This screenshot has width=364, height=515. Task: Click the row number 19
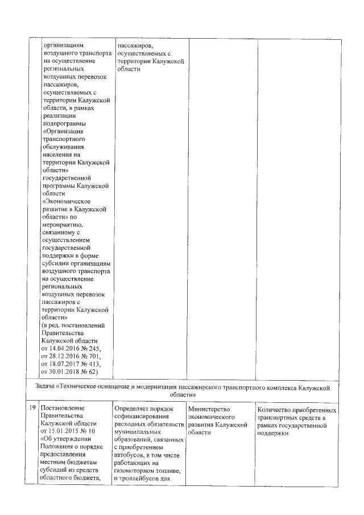click(33, 409)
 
